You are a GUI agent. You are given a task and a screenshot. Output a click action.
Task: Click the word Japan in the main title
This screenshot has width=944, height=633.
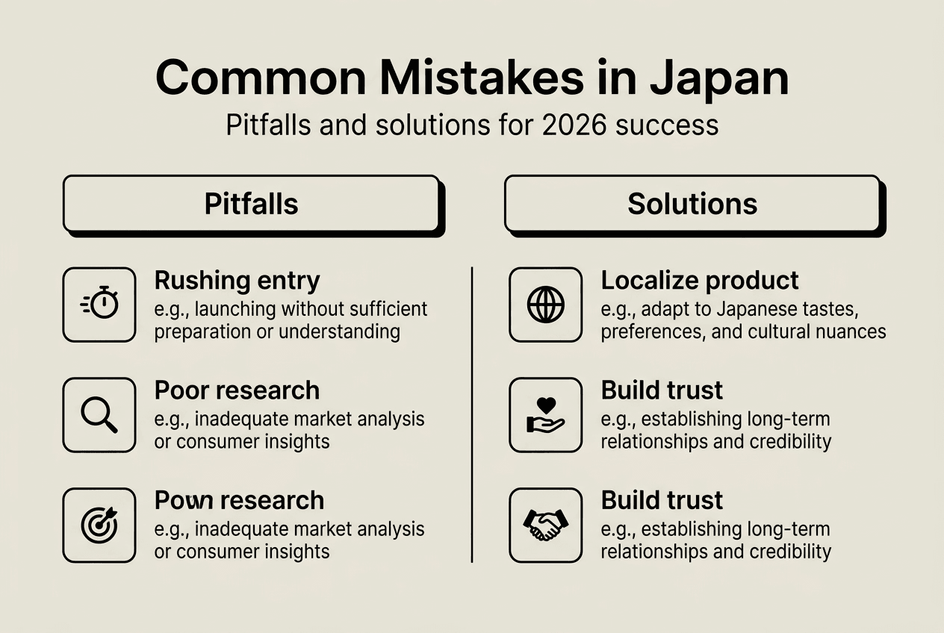click(718, 77)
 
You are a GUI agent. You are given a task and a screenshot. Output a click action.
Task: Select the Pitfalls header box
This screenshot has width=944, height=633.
click(251, 204)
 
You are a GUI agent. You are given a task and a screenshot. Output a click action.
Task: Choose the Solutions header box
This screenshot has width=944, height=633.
click(692, 204)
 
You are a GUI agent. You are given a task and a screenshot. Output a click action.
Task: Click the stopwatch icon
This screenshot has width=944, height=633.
click(99, 305)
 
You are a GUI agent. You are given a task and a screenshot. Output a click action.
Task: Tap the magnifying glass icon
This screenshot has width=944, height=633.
click(99, 415)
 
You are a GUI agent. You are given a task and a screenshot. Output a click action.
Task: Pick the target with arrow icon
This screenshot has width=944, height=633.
click(99, 525)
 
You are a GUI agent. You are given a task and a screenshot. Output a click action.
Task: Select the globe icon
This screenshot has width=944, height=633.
click(546, 305)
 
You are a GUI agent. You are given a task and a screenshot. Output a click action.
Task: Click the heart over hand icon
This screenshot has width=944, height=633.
click(546, 415)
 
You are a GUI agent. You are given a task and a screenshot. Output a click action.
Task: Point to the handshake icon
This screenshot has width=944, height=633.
click(546, 525)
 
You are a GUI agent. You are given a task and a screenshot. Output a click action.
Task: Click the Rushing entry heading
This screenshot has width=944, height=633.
click(237, 281)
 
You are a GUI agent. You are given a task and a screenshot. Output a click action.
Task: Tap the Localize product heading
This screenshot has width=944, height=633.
click(700, 281)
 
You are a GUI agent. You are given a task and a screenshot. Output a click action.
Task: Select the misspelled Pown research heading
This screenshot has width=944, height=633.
click(239, 500)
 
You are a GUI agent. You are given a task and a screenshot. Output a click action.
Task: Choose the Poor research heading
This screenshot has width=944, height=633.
click(237, 390)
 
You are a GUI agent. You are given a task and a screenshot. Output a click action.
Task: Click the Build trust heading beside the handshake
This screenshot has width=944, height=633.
click(662, 500)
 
